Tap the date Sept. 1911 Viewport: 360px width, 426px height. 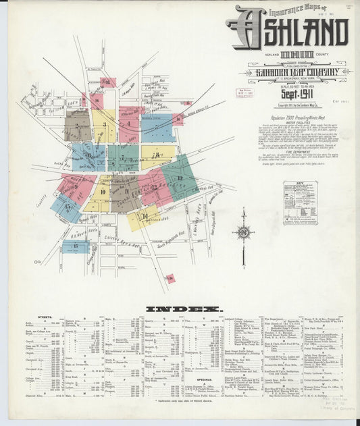294,94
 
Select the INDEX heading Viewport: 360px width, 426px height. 184,309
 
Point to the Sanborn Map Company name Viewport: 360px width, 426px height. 288,73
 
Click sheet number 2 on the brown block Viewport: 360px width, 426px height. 77,125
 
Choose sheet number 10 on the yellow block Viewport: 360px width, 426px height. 103,192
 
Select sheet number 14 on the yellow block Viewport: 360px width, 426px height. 145,216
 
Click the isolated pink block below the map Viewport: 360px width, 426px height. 170,278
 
